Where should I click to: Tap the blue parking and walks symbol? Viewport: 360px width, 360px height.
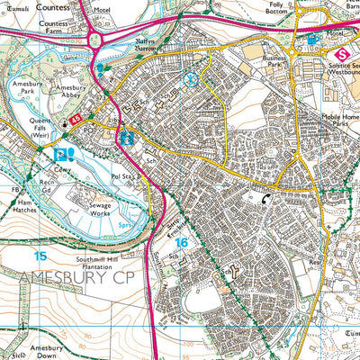[x=62, y=155]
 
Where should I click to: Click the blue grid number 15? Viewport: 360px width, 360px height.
[x=39, y=256]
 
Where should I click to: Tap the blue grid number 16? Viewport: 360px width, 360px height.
[x=183, y=242]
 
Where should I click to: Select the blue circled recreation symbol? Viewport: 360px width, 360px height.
[x=191, y=79]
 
